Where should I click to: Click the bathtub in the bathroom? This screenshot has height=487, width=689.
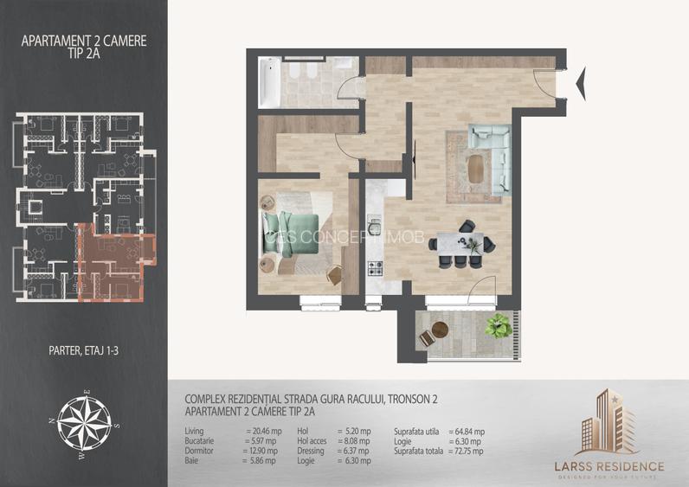(268, 82)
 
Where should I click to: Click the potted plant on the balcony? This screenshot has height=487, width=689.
(498, 327)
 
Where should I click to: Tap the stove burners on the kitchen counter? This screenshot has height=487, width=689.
(376, 269)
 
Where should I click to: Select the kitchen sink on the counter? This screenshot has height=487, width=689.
(376, 227)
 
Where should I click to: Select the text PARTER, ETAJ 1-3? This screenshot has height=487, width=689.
(84, 351)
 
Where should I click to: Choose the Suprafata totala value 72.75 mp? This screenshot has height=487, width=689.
(467, 451)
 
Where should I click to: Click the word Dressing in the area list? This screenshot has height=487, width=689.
(312, 451)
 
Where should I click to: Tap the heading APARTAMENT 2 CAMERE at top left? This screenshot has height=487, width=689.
(84, 40)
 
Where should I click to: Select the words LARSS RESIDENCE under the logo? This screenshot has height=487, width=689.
(609, 466)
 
